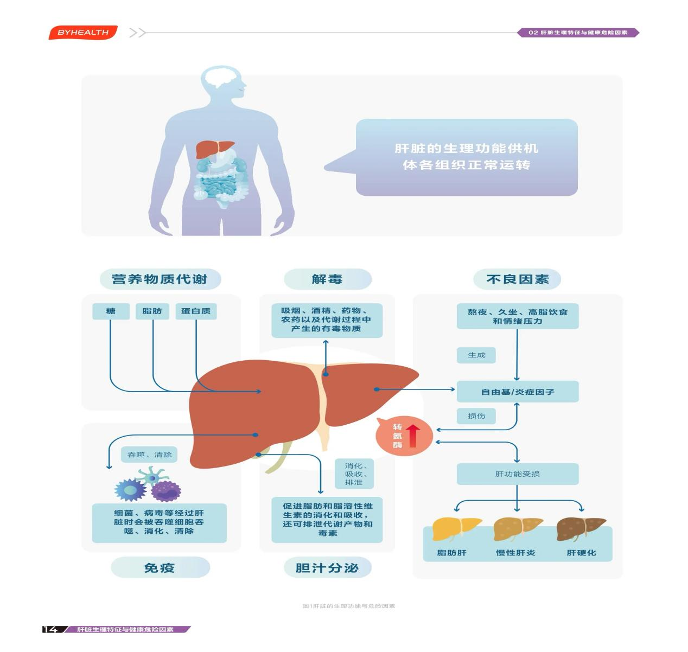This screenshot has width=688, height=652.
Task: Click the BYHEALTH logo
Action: click(83, 33)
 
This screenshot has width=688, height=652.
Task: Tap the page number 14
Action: click(50, 629)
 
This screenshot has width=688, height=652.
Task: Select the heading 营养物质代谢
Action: click(160, 279)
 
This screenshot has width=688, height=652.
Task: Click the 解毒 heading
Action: click(327, 279)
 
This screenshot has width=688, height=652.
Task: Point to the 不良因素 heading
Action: click(518, 279)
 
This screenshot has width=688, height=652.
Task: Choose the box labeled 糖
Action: click(111, 311)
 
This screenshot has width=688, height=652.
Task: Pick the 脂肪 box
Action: click(152, 311)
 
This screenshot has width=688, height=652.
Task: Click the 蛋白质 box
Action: click(196, 311)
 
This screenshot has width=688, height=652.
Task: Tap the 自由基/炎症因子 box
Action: click(518, 392)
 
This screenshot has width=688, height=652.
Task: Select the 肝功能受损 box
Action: click(518, 474)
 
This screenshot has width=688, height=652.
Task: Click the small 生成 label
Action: click(476, 355)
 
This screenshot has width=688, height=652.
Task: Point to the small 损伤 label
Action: click(476, 416)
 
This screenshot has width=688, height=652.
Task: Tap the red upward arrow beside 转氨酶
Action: click(413, 436)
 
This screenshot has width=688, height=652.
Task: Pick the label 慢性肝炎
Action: click(516, 553)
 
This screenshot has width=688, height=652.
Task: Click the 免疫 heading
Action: click(160, 568)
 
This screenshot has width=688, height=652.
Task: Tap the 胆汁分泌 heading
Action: click(327, 568)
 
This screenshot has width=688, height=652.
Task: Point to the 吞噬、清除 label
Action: click(150, 455)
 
